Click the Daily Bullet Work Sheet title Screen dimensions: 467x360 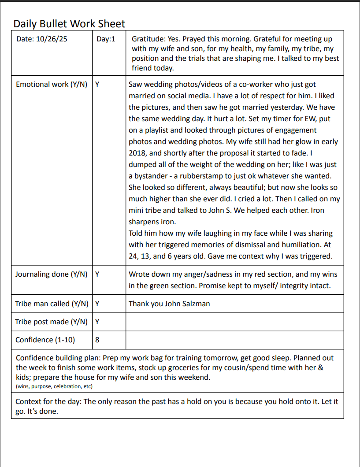click(69, 24)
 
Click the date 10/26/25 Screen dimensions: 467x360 click(52, 39)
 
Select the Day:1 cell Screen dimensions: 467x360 click(106, 39)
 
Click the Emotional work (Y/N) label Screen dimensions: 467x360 click(51, 84)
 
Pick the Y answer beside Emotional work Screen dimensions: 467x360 click(97, 84)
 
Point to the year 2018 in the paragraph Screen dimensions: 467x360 click(138, 153)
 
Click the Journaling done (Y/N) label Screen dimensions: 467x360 click(51, 274)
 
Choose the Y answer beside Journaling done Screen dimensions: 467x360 click(97, 274)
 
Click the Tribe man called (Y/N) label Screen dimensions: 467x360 click(52, 304)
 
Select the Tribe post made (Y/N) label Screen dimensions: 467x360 click(51, 322)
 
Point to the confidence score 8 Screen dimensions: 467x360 click(97, 340)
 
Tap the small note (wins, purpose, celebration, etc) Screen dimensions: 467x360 click(54, 386)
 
